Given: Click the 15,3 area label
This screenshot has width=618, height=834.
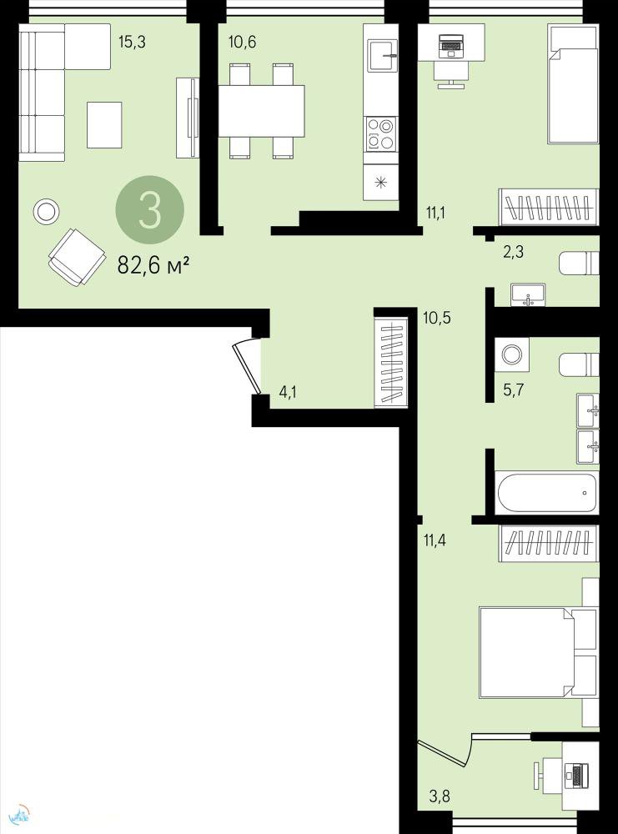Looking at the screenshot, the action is pos(132,42).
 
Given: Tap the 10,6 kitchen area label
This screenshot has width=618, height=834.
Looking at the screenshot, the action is pos(243,42).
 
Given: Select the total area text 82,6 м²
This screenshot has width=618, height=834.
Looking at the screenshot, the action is pos(153,265).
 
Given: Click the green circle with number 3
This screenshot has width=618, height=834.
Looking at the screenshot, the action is pos(150,209).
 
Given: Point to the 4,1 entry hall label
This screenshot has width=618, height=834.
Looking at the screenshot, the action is pos(288,393).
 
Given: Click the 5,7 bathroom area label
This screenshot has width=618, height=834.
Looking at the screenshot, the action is pos(513,389).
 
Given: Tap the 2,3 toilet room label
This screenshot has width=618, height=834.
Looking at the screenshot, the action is pos(513,252).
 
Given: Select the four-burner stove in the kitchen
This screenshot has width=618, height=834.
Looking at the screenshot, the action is pos(381,133).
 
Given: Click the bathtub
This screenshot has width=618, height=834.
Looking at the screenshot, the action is pos(547,493).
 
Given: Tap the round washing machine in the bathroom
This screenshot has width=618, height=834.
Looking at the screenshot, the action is pos(512,354).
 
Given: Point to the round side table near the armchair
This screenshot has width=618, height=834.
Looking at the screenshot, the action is pos(46,212).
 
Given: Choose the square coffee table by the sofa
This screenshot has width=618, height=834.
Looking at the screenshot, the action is pos(104,125).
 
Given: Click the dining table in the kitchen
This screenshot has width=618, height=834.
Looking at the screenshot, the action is pos(262,111).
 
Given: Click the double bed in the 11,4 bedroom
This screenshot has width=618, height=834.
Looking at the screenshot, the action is pos(537,652).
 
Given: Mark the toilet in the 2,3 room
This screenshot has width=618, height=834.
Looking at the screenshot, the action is pos(579,263).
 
